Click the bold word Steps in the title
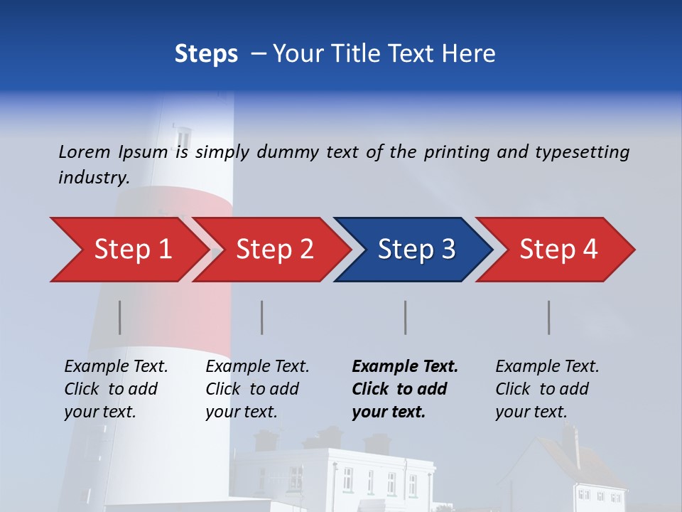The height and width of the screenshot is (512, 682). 206,54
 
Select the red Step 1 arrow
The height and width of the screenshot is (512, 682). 132,250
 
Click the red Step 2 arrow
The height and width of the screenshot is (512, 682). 274,250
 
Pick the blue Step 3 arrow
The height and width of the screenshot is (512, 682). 416,250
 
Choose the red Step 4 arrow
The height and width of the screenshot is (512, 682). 558,250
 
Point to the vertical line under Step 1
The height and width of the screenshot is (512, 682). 120,317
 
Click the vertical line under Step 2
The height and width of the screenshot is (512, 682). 262,317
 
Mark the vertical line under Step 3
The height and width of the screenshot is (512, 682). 406,317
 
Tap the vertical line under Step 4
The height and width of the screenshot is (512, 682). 549,317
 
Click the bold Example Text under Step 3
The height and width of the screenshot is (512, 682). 405,367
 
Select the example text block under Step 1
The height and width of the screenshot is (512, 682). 116,389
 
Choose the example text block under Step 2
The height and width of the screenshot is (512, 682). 257,389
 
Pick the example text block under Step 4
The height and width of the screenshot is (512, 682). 547,389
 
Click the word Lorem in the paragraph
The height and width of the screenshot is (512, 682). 85,152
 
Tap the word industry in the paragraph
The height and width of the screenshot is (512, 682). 92,178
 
